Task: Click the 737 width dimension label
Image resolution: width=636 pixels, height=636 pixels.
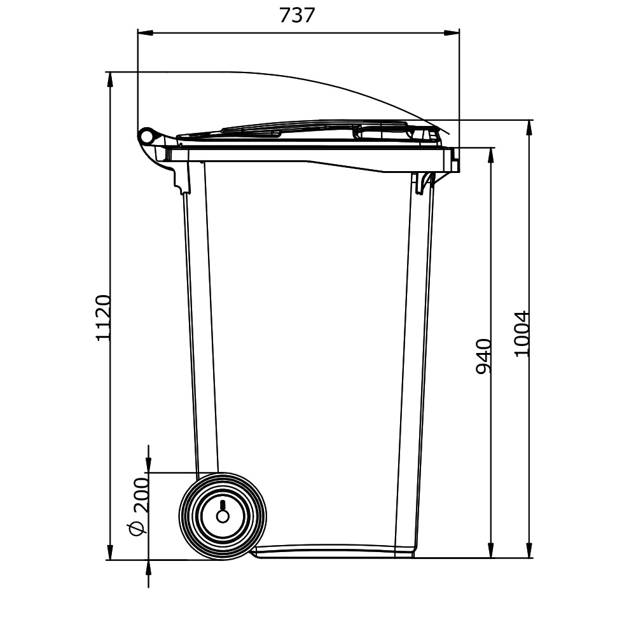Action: click(297, 16)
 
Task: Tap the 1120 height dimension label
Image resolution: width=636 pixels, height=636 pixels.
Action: click(103, 318)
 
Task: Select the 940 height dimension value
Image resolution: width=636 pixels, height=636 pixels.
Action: click(483, 357)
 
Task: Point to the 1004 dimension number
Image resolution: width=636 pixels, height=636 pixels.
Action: click(522, 334)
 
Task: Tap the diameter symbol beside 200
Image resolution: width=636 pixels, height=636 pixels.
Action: click(137, 529)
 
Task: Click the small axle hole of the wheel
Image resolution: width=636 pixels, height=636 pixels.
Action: click(223, 516)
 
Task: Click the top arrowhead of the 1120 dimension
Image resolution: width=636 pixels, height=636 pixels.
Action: click(110, 79)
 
